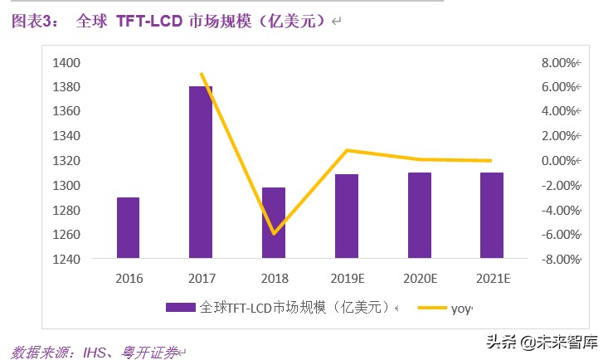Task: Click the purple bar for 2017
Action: pyautogui.click(x=201, y=173)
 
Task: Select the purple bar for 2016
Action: pyautogui.click(x=128, y=228)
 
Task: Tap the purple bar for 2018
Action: pyautogui.click(x=274, y=223)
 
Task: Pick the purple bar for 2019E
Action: pyautogui.click(x=347, y=216)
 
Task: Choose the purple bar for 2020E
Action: pyautogui.click(x=420, y=216)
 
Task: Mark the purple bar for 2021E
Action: pyautogui.click(x=492, y=216)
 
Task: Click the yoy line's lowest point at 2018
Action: pyautogui.click(x=274, y=234)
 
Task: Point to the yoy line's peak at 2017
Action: pyautogui.click(x=202, y=74)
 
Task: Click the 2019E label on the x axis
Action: pyautogui.click(x=347, y=277)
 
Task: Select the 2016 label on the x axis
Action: pyautogui.click(x=128, y=277)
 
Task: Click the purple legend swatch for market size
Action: pyautogui.click(x=182, y=308)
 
